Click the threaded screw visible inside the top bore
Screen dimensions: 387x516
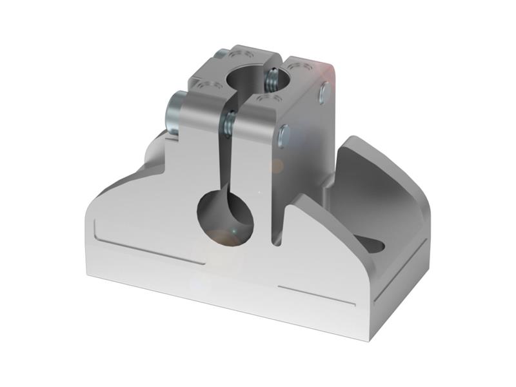[273, 80]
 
